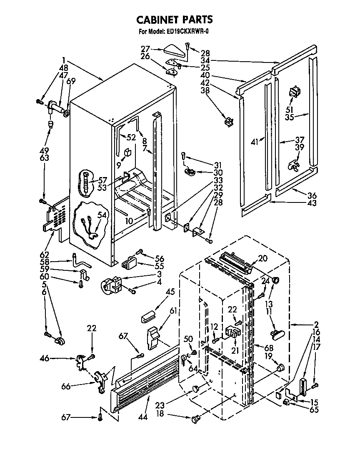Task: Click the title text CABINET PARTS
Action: pos(175,19)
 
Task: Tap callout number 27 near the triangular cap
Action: pos(145,49)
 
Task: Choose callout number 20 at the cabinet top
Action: pos(262,258)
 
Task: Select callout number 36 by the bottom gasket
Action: pos(312,196)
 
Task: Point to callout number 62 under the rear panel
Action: pos(44,255)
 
